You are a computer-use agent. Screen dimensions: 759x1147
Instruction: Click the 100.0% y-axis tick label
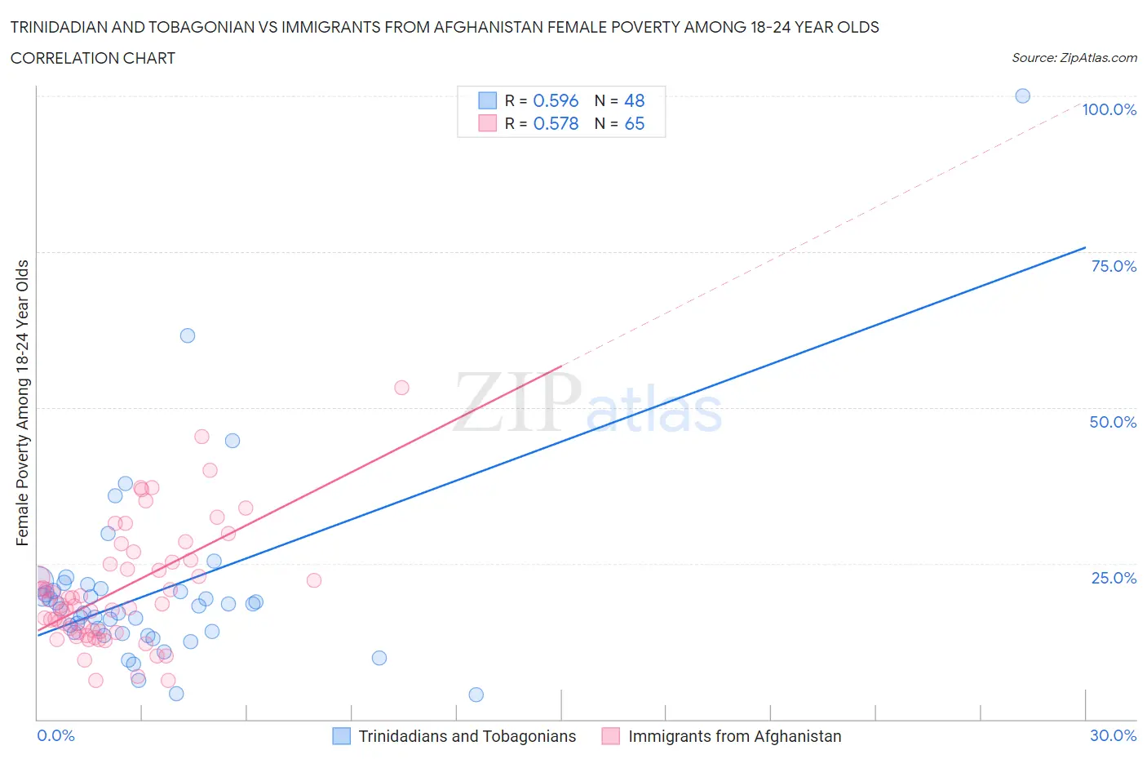pos(1109,109)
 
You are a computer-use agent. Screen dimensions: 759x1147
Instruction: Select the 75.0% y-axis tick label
pos(1113,266)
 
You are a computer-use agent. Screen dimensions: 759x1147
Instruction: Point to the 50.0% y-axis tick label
pos(1113,422)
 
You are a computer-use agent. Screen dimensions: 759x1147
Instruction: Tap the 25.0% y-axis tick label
pos(1113,578)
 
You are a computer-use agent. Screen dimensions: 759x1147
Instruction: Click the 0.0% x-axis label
pos(55,735)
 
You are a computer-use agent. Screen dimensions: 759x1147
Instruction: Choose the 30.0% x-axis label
pos(1113,735)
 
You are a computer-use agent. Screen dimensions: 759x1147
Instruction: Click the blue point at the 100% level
pos(1022,95)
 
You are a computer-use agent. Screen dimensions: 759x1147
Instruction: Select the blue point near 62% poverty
pos(188,335)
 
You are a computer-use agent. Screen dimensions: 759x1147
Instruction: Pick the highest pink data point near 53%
pos(401,388)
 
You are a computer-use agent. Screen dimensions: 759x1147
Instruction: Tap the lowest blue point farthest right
pos(476,695)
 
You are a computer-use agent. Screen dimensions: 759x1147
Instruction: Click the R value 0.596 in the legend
pos(556,100)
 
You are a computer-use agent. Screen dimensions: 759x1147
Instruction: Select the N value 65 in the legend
pos(634,123)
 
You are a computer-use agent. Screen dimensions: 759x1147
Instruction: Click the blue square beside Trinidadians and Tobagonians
pos(341,736)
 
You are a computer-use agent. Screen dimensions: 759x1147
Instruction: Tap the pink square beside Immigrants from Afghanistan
pos(610,736)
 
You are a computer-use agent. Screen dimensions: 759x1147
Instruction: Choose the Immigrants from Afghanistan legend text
pos(734,736)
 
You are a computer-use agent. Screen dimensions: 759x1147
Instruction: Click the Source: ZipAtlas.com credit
pos(1074,58)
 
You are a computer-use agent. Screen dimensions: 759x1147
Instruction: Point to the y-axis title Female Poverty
pos(22,402)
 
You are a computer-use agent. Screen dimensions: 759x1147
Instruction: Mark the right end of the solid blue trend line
pos(1085,247)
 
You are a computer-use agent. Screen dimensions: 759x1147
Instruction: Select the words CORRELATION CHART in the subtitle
pos(93,58)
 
